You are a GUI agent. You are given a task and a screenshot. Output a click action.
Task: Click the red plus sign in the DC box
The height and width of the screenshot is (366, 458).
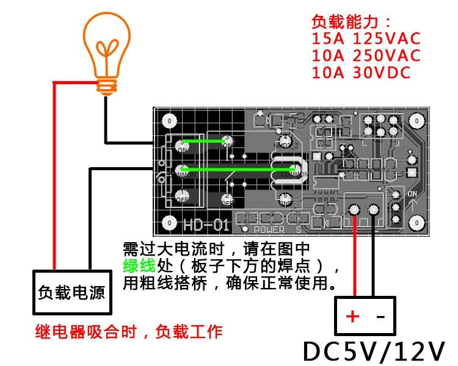coord(352,316)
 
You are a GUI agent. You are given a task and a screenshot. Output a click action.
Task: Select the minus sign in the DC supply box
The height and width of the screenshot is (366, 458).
coord(380,316)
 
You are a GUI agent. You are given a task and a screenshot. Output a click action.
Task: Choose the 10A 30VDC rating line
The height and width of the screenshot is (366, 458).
coord(361,73)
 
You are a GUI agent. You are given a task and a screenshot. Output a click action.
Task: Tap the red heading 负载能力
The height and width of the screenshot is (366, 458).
coord(347,21)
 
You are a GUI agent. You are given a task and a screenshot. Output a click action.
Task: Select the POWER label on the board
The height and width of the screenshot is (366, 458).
coord(269,230)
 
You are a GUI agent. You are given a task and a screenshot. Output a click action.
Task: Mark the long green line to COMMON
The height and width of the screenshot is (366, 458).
coord(238,170)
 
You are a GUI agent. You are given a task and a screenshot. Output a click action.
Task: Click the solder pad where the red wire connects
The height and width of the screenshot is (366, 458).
coord(354,210)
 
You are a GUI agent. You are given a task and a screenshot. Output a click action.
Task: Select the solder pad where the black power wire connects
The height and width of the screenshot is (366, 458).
coord(374,210)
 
